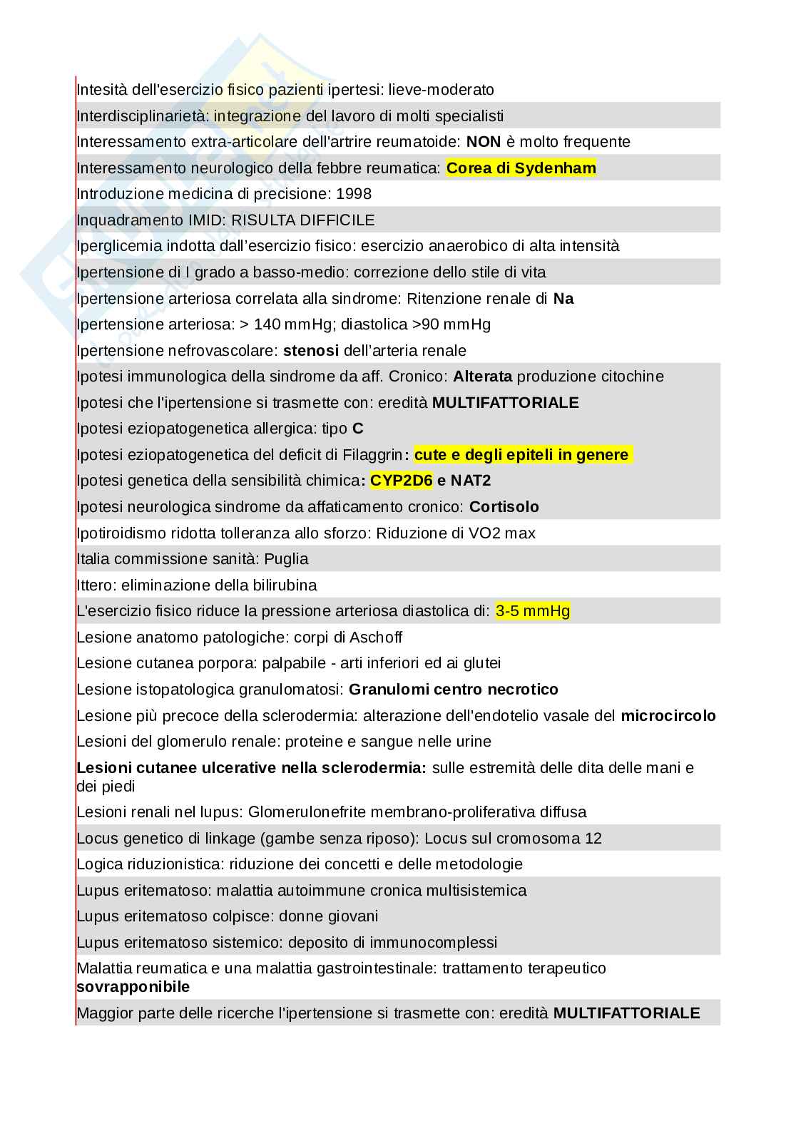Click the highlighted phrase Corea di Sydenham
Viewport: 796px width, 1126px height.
pos(521,168)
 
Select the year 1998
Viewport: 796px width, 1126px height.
pos(354,194)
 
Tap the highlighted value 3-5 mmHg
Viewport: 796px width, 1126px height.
pos(533,611)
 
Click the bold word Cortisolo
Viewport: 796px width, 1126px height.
pos(504,507)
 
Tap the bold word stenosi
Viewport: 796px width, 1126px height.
pos(311,351)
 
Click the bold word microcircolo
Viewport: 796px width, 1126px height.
pos(668,715)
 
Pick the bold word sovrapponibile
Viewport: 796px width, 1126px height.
pos(133,987)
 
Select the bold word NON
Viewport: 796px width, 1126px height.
pos(484,142)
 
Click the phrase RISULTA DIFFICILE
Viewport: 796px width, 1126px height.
pos(303,220)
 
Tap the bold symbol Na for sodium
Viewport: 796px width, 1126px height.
pos(563,299)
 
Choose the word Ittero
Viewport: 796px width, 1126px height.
pos(96,585)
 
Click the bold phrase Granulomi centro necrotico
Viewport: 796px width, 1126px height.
pos(454,690)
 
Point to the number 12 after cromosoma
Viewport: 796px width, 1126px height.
pos(593,838)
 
